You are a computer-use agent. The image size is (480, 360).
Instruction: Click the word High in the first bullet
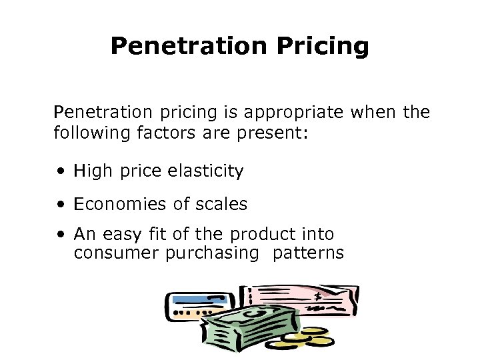coord(93,171)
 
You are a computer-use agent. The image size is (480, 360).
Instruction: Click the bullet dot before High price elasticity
coord(61,172)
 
